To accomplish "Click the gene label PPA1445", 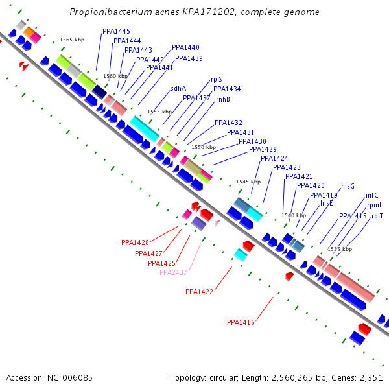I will click(x=116, y=31).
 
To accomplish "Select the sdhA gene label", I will click(x=178, y=88).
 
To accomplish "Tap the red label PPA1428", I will click(x=135, y=242).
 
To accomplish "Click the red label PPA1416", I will click(x=241, y=322).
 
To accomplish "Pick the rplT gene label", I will click(x=377, y=216).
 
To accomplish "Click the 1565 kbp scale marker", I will click(x=72, y=40).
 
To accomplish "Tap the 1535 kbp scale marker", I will click(x=340, y=249).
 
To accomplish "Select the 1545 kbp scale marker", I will click(x=248, y=182).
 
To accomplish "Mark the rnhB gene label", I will click(x=223, y=99).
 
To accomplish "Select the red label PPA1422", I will click(x=199, y=292).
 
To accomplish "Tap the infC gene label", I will click(x=372, y=195).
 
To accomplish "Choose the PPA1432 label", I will click(x=228, y=123).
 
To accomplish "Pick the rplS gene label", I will click(x=217, y=80).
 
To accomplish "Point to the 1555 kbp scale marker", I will click(x=159, y=112).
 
